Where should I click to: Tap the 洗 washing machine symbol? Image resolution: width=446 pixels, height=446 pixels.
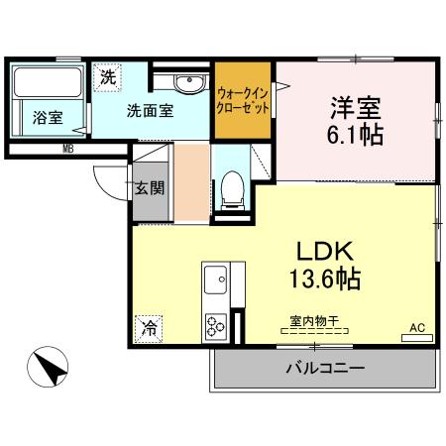click(106, 75)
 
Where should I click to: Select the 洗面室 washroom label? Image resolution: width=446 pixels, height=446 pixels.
click(150, 111)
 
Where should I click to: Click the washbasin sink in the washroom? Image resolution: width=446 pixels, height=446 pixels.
click(185, 81)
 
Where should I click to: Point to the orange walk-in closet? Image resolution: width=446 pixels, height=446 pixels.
click(244, 99)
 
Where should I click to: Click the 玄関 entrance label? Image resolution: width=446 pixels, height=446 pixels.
click(150, 188)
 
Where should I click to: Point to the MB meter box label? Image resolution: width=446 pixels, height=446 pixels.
click(68, 150)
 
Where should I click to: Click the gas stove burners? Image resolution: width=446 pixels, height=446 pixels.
click(215, 323)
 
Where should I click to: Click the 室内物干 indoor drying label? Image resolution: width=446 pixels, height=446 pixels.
click(314, 320)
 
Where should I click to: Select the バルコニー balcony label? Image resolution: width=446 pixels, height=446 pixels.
click(326, 368)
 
